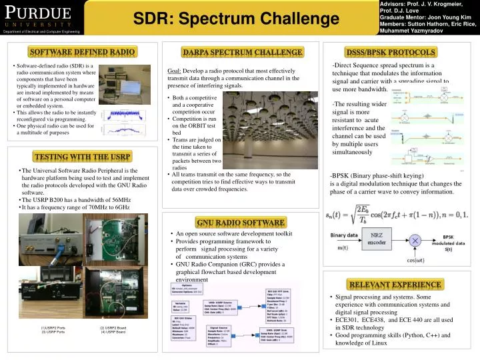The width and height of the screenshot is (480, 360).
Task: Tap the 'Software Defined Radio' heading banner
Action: tap(82, 51)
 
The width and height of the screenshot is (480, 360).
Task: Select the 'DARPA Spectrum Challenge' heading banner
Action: tap(242, 52)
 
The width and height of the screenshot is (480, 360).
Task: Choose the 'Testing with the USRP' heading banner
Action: tap(82, 157)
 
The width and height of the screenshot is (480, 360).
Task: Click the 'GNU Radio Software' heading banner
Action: tap(241, 222)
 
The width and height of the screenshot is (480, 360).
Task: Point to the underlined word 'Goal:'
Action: tap(175, 71)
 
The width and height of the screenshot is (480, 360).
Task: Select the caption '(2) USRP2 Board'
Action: tap(113, 328)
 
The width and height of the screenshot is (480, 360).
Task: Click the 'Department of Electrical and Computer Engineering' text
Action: tap(42, 31)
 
